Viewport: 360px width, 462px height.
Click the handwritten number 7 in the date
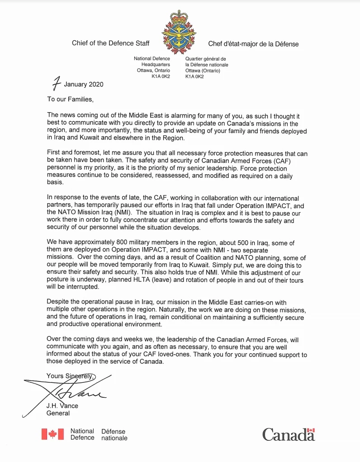pyautogui.click(x=56, y=85)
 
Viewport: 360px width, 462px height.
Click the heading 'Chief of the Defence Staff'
pyautogui.click(x=110, y=43)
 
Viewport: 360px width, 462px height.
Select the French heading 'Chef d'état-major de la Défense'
pyautogui.click(x=253, y=44)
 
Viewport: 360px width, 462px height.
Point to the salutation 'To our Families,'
pyautogui.click(x=71, y=99)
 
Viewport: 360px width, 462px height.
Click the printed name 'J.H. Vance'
pyautogui.click(x=62, y=406)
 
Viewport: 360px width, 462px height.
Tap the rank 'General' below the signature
pyautogui.click(x=58, y=413)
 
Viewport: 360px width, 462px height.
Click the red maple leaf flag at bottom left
pyautogui.click(x=52, y=434)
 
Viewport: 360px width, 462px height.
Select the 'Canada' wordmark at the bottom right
pyautogui.click(x=289, y=435)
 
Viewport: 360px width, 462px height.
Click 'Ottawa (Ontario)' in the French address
pyautogui.click(x=203, y=71)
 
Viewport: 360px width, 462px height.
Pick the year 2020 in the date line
pyautogui.click(x=96, y=85)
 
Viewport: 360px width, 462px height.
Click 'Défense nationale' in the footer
pyautogui.click(x=114, y=435)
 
